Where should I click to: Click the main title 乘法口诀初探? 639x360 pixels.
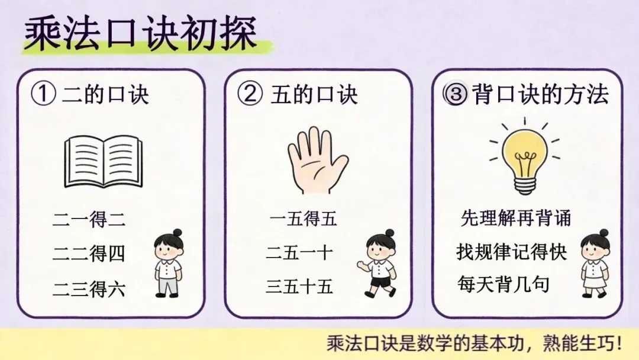click(x=141, y=33)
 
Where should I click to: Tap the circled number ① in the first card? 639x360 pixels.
click(x=43, y=94)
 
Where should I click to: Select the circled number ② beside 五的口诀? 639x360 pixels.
click(x=250, y=94)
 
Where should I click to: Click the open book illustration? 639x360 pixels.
click(x=104, y=162)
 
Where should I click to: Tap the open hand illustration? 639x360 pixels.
click(x=318, y=159)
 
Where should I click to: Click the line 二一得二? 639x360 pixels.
click(x=89, y=219)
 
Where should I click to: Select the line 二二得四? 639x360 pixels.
click(x=89, y=253)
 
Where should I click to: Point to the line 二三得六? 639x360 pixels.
click(x=89, y=289)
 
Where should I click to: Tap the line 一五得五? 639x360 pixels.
click(x=303, y=218)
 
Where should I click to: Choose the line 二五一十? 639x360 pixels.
click(x=299, y=253)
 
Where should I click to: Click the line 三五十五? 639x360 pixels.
click(x=299, y=286)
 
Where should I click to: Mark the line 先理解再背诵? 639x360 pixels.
click(x=515, y=218)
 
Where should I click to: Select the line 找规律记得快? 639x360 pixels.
click(x=512, y=252)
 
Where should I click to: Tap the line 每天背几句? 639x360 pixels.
click(x=504, y=284)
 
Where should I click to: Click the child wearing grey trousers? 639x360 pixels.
click(x=168, y=263)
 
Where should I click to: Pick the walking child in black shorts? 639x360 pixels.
click(x=377, y=263)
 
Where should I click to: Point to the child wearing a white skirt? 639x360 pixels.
click(x=595, y=263)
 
